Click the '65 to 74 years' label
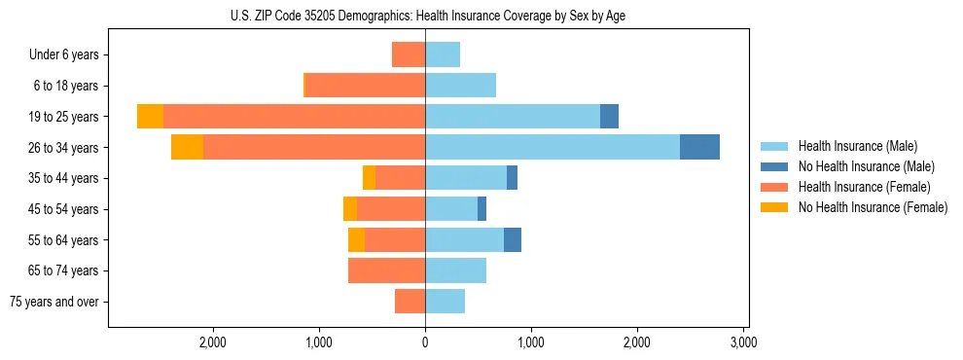tap(64, 270)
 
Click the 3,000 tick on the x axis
tap(743, 342)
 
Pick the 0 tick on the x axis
tap(425, 342)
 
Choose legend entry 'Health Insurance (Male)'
tap(857, 146)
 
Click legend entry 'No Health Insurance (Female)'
tap(873, 207)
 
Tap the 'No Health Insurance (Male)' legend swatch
tap(774, 166)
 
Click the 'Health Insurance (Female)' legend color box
tap(774, 187)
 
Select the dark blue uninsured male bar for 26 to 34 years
tap(699, 147)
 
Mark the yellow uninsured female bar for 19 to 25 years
tap(150, 117)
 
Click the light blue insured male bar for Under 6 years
tap(443, 54)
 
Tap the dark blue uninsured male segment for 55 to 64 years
tap(513, 239)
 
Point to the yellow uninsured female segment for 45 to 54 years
tap(350, 209)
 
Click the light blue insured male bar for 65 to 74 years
tap(455, 270)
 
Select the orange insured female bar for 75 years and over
tap(410, 302)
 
